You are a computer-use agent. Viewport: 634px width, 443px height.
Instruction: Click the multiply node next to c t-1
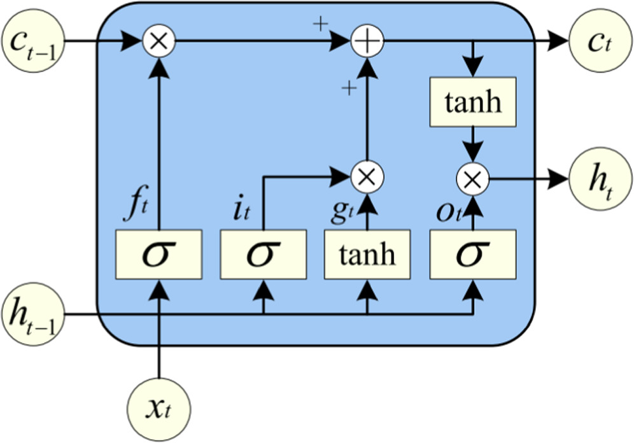(158, 42)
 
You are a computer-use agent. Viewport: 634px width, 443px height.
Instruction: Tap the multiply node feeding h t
(472, 180)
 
